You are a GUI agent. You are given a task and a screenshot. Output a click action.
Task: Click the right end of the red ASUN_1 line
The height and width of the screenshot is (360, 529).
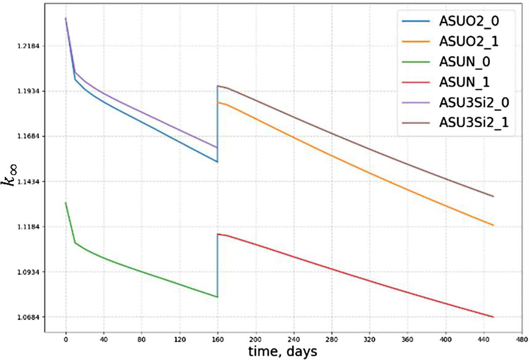(x=493, y=317)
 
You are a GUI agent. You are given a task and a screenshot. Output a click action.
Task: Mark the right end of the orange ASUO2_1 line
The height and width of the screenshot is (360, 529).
(x=493, y=225)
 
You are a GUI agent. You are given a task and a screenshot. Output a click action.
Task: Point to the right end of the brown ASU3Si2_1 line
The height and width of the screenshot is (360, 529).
(x=493, y=197)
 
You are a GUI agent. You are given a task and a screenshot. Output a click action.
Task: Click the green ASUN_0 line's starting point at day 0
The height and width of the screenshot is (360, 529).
(x=66, y=203)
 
